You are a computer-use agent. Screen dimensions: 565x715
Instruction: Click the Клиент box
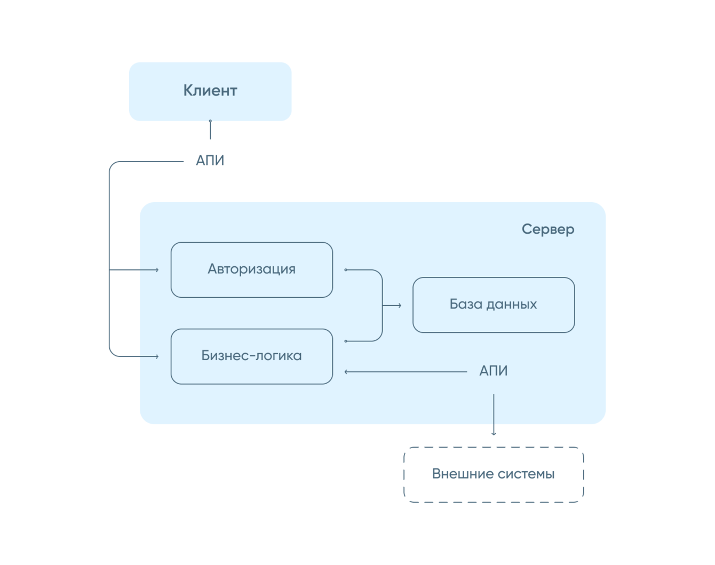pyautogui.click(x=210, y=91)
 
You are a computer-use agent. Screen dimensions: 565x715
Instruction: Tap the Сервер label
pyautogui.click(x=548, y=229)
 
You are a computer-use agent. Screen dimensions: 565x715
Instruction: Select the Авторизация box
pyautogui.click(x=251, y=269)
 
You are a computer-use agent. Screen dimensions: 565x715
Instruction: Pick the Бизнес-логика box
pyautogui.click(x=251, y=356)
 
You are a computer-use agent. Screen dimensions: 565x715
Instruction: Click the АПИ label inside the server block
pyautogui.click(x=493, y=371)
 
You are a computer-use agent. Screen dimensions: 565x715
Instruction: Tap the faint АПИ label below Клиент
pyautogui.click(x=211, y=160)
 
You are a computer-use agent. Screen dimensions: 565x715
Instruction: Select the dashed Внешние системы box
pyautogui.click(x=494, y=474)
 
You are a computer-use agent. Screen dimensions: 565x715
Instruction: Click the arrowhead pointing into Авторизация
pyautogui.click(x=157, y=270)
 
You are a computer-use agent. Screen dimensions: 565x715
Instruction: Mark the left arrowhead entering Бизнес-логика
pyautogui.click(x=157, y=356)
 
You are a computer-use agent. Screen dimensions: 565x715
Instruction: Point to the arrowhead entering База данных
pyautogui.click(x=399, y=305)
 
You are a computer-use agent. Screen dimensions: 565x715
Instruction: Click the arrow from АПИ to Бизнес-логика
pyautogui.click(x=406, y=371)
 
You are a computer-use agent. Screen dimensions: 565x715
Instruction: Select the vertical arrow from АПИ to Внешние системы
pyautogui.click(x=494, y=413)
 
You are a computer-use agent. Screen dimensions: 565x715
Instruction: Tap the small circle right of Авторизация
pyautogui.click(x=346, y=270)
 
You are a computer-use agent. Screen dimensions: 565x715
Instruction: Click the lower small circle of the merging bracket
pyautogui.click(x=346, y=341)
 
